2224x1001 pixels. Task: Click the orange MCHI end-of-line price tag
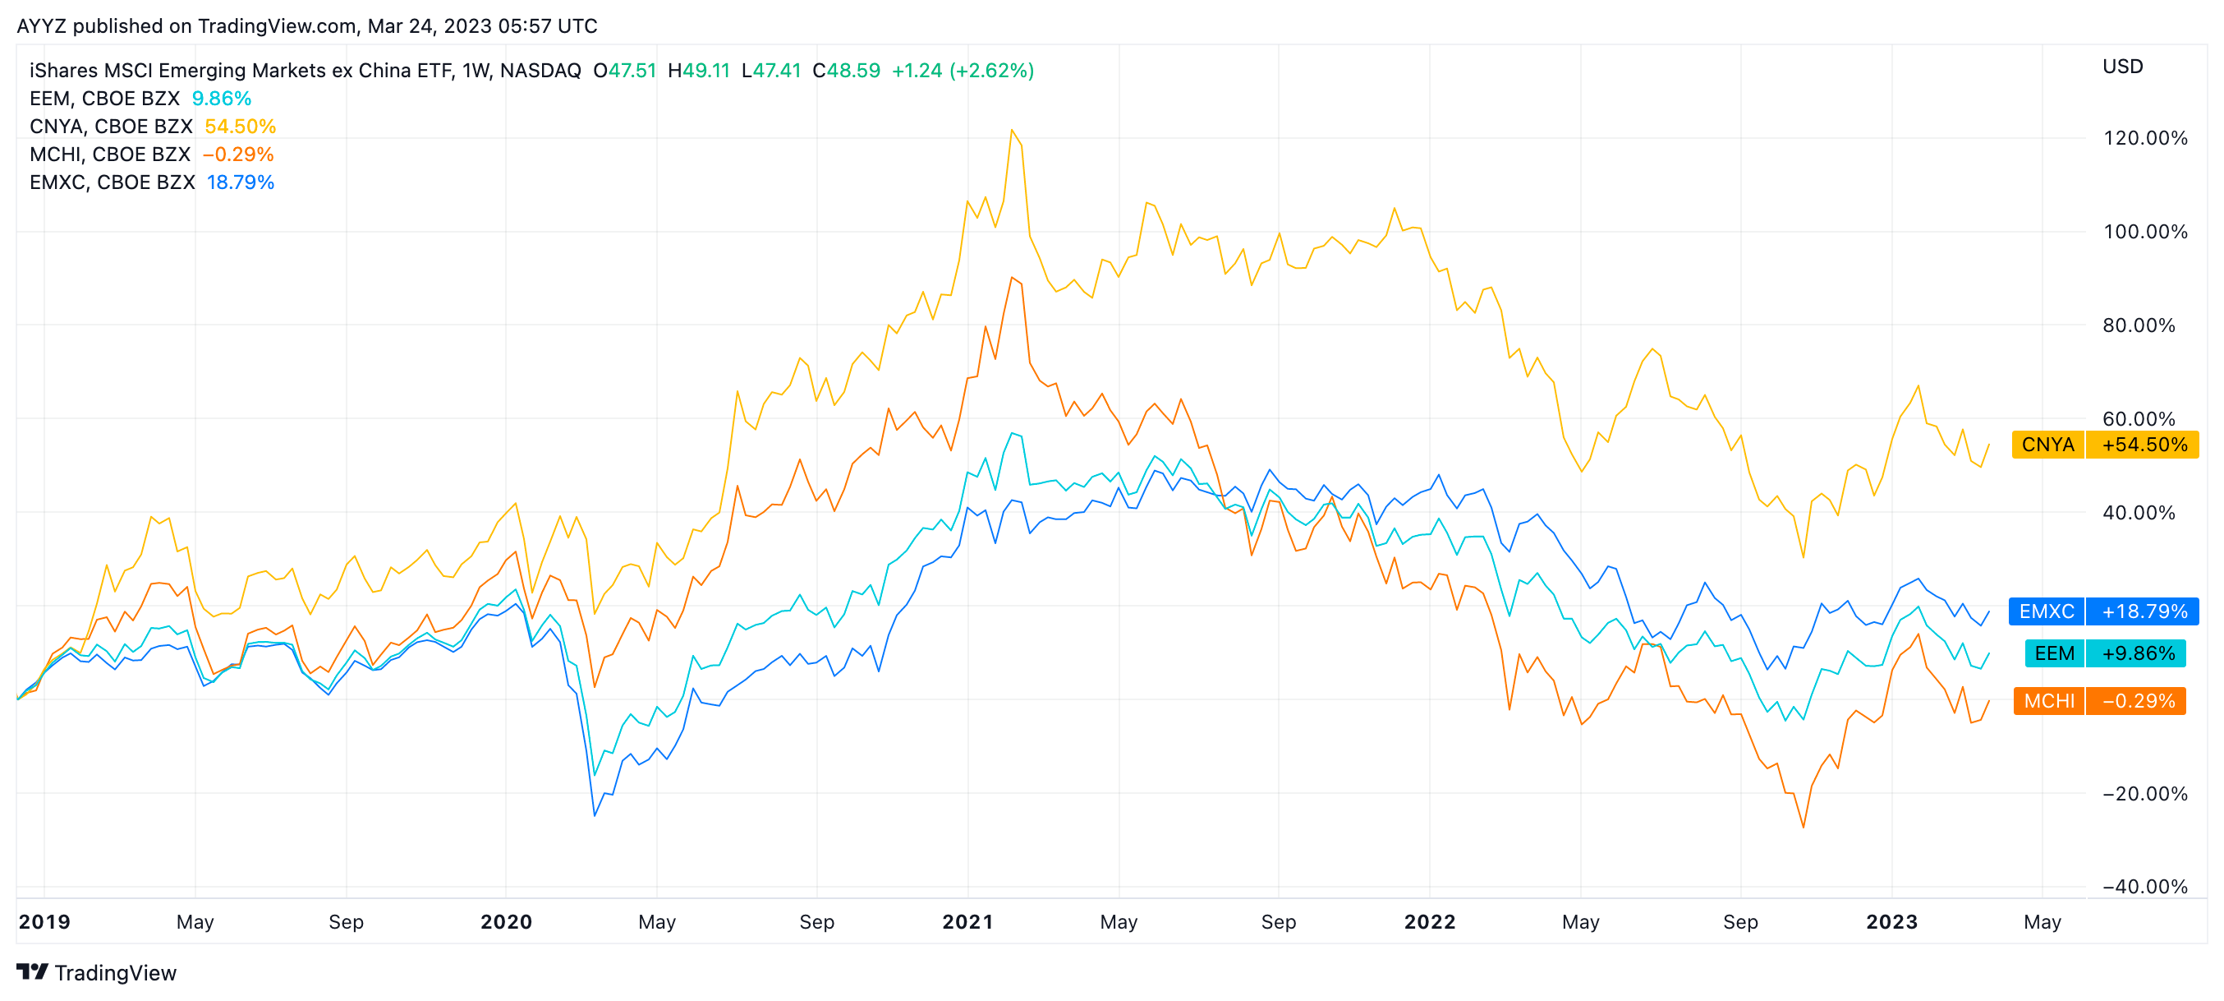2099,700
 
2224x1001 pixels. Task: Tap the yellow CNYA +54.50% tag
2104,445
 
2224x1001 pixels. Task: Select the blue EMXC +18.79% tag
2102,611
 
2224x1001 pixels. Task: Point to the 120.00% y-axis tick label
2144,138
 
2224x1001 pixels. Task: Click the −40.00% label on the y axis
2144,886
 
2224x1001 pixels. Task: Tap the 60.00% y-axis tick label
2139,419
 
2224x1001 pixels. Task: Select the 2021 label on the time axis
967,921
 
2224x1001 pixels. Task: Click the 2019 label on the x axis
44,921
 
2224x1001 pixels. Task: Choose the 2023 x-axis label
1891,921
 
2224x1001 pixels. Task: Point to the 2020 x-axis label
506,921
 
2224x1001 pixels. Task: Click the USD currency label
2122,67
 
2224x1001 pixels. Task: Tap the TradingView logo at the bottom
97,972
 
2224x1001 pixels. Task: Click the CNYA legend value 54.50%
240,126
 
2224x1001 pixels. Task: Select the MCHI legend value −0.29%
237,155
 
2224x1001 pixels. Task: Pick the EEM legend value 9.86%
221,99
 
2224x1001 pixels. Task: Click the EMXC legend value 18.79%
240,182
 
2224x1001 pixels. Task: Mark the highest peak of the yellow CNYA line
1011,131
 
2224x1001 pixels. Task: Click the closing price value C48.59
846,70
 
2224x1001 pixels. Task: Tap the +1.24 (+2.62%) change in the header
962,70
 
